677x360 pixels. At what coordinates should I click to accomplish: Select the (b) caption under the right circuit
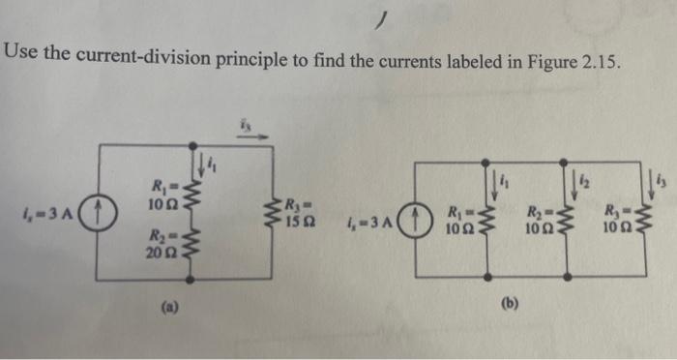click(511, 304)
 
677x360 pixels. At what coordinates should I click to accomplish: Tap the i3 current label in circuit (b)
click(662, 178)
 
